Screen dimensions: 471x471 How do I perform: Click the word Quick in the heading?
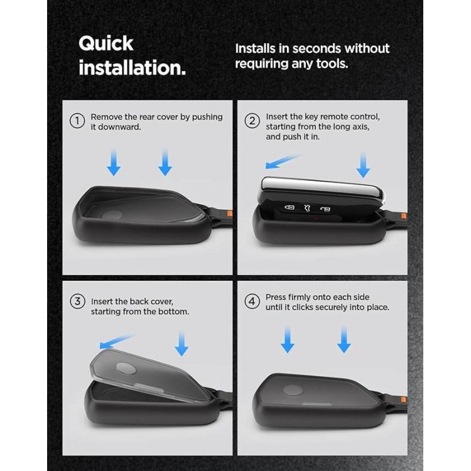click(x=106, y=44)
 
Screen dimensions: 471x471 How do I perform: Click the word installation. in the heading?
click(x=132, y=68)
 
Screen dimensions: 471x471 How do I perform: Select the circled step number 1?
click(x=77, y=121)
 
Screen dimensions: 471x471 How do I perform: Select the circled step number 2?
click(x=252, y=121)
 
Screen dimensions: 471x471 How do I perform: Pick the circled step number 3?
click(x=77, y=301)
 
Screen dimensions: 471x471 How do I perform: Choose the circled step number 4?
click(x=252, y=301)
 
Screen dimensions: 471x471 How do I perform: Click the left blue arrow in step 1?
click(x=114, y=162)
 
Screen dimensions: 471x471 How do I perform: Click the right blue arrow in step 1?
click(x=165, y=162)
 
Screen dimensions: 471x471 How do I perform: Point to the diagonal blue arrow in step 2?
click(x=283, y=161)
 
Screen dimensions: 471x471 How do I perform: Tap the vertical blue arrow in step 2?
click(x=363, y=165)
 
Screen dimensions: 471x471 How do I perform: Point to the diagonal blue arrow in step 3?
click(x=117, y=342)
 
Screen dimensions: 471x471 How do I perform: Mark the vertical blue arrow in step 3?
click(x=181, y=344)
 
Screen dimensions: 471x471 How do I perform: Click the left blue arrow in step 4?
click(x=288, y=339)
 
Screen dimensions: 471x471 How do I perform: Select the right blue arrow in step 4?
click(x=344, y=339)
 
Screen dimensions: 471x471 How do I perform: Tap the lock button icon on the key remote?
click(x=290, y=207)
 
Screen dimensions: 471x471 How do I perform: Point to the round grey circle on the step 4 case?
click(x=293, y=390)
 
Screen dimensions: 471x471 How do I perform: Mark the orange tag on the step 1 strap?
click(x=230, y=214)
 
